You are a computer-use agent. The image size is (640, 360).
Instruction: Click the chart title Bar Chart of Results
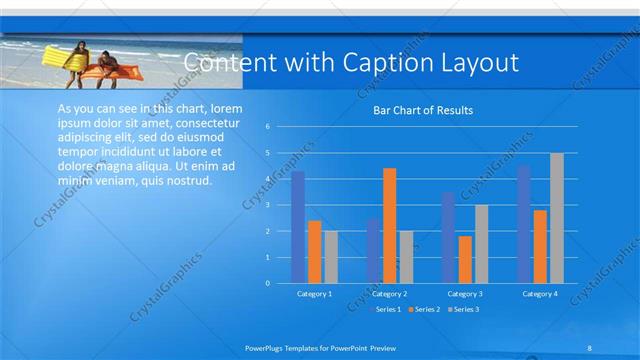(423, 110)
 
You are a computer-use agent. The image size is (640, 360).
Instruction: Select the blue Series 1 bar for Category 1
(298, 227)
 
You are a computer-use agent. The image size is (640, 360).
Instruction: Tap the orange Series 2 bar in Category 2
(389, 225)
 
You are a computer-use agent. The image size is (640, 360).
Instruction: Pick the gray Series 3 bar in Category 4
(557, 218)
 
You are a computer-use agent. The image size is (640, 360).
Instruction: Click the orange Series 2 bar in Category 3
(465, 259)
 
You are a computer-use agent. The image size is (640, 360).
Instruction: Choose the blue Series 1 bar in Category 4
(524, 224)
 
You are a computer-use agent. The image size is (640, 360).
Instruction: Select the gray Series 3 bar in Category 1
(331, 257)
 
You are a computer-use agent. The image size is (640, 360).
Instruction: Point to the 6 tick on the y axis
(268, 127)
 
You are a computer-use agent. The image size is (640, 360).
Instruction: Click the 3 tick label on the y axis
(268, 205)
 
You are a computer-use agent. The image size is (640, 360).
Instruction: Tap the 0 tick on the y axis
(268, 283)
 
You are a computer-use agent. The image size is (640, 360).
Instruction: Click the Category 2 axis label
(390, 294)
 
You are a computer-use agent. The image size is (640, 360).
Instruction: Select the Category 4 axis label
(540, 294)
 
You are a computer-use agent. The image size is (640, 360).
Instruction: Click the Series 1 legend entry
(387, 310)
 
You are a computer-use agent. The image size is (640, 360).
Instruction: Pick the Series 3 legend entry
(463, 310)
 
